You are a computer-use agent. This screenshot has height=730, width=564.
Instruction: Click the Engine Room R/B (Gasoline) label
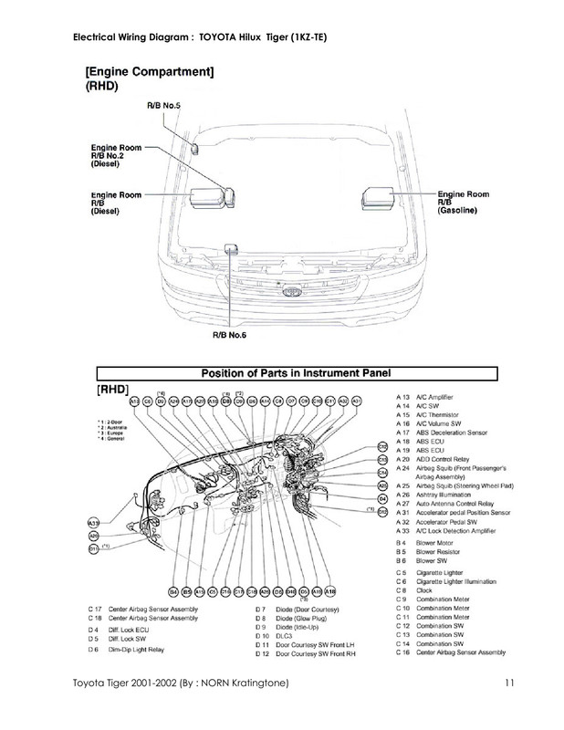[x=465, y=202]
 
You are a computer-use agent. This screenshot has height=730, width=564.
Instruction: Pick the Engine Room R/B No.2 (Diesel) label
[x=120, y=156]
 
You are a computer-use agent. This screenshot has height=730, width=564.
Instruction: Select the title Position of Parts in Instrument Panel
[x=295, y=372]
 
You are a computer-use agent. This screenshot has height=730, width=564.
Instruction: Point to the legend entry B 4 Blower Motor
[x=436, y=543]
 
